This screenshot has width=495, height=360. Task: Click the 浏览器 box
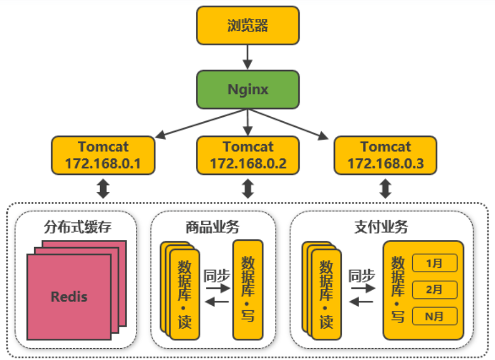click(247, 25)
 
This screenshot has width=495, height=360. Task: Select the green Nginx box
click(247, 89)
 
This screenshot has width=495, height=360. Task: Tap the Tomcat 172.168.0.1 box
click(103, 155)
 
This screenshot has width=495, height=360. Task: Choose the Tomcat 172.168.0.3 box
click(385, 155)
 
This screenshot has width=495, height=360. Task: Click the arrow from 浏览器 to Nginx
click(247, 56)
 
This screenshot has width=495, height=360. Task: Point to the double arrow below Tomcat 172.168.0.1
click(103, 188)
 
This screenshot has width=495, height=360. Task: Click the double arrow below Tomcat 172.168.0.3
click(385, 188)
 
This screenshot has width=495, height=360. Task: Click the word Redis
click(69, 296)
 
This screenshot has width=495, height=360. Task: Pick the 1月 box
click(435, 262)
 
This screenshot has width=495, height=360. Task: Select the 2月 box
click(435, 289)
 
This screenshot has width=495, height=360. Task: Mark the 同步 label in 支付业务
click(361, 276)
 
